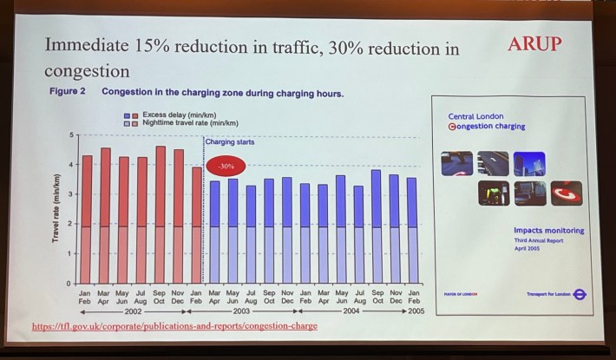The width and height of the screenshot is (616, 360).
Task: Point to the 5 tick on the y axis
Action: point(73,135)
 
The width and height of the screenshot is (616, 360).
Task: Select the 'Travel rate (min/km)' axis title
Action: point(56,208)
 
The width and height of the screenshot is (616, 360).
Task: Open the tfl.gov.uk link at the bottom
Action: point(174,326)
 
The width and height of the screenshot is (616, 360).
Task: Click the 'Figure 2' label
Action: point(67,91)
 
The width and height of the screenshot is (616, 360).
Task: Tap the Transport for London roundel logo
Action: point(580,294)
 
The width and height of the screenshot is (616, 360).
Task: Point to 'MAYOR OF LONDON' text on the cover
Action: point(461,295)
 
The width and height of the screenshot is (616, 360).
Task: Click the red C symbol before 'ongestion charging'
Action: point(452,127)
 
